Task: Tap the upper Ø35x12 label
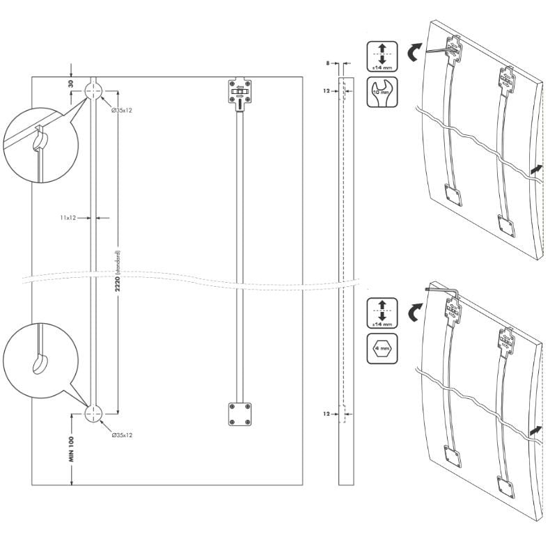click(x=122, y=109)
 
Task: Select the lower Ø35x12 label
click(x=122, y=435)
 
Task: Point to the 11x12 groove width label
click(x=67, y=218)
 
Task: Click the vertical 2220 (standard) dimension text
click(x=118, y=272)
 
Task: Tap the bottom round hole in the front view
click(x=94, y=414)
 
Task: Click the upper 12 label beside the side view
click(x=327, y=91)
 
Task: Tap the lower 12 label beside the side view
click(x=327, y=414)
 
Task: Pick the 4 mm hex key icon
click(x=382, y=347)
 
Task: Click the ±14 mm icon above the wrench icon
click(x=382, y=56)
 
